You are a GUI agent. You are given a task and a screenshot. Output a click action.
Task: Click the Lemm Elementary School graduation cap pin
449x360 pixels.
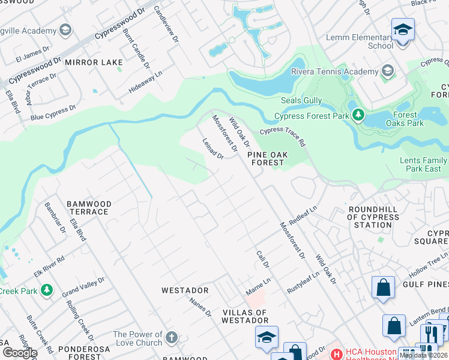(x=403, y=30)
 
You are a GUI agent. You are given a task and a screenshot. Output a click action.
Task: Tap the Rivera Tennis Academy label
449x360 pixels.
(x=334, y=71)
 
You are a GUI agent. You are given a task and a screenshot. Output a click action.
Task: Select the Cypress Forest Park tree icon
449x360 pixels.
(x=358, y=114)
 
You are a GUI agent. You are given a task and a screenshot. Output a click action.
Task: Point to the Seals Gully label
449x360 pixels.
(x=301, y=100)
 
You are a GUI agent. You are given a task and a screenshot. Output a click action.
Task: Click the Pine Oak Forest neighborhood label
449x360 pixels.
(x=268, y=158)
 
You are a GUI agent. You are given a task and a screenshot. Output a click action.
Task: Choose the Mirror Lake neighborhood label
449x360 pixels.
(x=94, y=62)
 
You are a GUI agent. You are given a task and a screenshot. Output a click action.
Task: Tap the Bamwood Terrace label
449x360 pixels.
(x=88, y=208)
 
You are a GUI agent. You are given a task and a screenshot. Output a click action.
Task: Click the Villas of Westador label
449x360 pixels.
(x=245, y=316)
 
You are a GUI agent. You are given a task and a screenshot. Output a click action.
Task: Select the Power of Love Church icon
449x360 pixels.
(x=171, y=337)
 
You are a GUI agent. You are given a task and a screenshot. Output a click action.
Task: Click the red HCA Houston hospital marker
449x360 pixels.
(x=336, y=354)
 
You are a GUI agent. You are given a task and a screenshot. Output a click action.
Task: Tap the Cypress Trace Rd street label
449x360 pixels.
(x=282, y=137)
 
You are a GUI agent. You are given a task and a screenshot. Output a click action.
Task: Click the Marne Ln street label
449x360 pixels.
(x=258, y=286)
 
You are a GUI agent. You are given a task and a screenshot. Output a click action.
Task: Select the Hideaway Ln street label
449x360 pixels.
(x=145, y=82)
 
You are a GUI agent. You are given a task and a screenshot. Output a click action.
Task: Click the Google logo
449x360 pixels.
(x=19, y=352)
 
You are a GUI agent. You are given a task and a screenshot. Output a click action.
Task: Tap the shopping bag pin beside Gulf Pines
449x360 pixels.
(x=382, y=288)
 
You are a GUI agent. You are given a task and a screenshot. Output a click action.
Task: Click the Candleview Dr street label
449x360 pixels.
(x=166, y=24)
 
